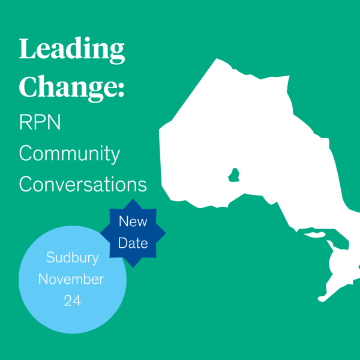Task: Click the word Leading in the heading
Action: (x=72, y=50)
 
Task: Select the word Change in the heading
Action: (x=68, y=88)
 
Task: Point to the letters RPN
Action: (x=40, y=122)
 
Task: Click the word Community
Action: (x=70, y=154)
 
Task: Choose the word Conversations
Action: (x=83, y=184)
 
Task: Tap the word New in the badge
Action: (x=133, y=221)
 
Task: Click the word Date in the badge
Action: (x=133, y=243)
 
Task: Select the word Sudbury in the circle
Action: (x=73, y=258)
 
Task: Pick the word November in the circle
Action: (x=71, y=279)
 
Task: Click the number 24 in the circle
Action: (x=73, y=301)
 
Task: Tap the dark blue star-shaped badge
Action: (x=133, y=233)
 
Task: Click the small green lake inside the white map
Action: (x=234, y=175)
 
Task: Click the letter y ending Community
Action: (x=115, y=157)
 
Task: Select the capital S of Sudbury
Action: (x=51, y=257)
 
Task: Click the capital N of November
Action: (x=44, y=279)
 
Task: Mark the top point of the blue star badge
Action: (x=133, y=199)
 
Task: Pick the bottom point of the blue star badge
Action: (x=133, y=268)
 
